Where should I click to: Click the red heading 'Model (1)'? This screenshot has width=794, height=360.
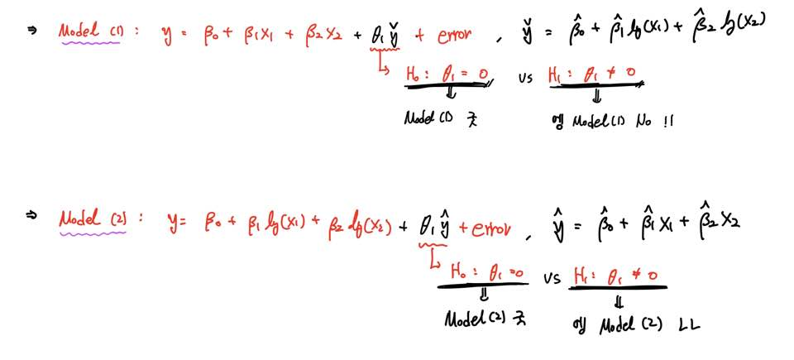(88, 31)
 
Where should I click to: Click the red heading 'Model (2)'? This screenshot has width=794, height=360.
(91, 221)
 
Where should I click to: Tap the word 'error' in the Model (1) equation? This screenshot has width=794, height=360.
(454, 36)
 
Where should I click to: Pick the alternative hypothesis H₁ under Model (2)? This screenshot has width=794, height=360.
(618, 272)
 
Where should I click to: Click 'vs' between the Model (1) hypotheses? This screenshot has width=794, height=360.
(525, 79)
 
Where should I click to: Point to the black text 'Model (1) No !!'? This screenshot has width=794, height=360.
(612, 122)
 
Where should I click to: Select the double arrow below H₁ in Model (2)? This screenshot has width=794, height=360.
(617, 300)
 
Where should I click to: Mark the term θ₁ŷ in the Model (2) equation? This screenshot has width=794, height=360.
(436, 225)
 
